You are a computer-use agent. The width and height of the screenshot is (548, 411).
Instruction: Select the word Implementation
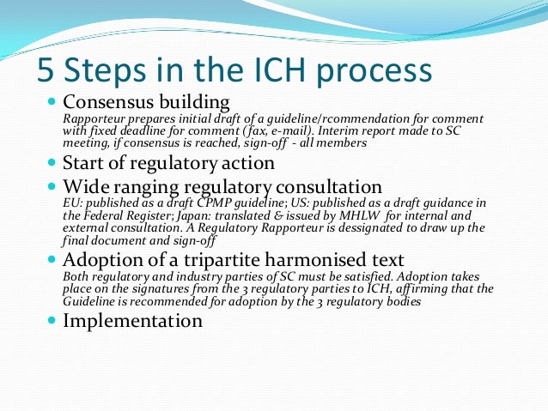pyautogui.click(x=134, y=321)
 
